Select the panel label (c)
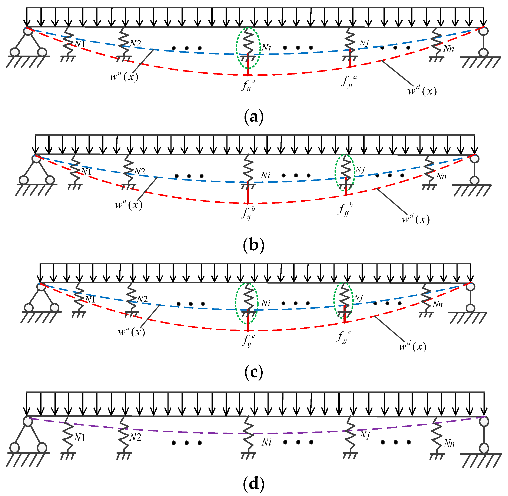point(254,373)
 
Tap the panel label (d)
point(254,484)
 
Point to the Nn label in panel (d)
point(449,443)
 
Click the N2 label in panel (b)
point(140,171)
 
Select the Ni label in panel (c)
point(266,303)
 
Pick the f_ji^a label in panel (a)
point(349,81)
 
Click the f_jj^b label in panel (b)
point(345,209)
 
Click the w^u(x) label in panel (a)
point(124,76)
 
